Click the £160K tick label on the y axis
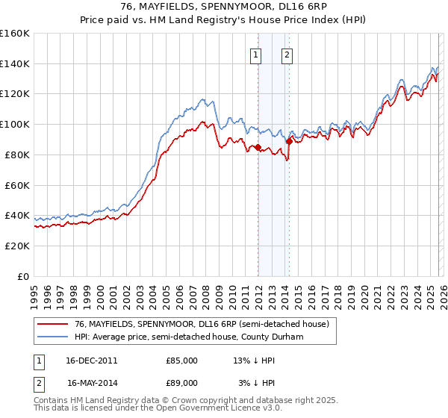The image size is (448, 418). pyautogui.click(x=15, y=34)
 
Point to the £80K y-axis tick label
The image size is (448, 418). pyautogui.click(x=17, y=155)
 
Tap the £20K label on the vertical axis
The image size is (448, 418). pyautogui.click(x=17, y=246)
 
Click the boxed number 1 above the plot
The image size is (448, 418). pyautogui.click(x=256, y=54)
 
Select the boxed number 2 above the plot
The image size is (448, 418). pyautogui.click(x=287, y=54)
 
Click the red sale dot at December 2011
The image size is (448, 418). pyautogui.click(x=258, y=148)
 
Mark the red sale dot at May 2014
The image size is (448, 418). pyautogui.click(x=289, y=141)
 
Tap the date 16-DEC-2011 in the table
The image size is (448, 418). pyautogui.click(x=92, y=361)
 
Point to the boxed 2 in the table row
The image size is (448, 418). pyautogui.click(x=37, y=383)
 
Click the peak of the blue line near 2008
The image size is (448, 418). pyautogui.click(x=201, y=98)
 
